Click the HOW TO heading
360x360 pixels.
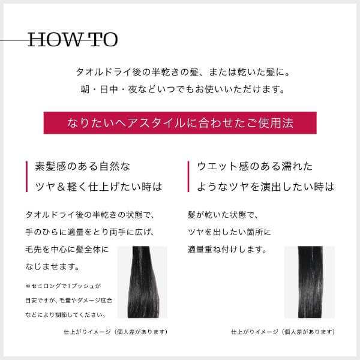(73, 40)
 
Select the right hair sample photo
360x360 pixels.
(309, 281)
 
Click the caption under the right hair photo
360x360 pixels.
(283, 331)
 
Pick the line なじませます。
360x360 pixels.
(53, 265)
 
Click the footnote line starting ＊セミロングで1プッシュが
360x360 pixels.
(63, 286)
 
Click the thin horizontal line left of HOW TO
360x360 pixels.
(13, 41)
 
